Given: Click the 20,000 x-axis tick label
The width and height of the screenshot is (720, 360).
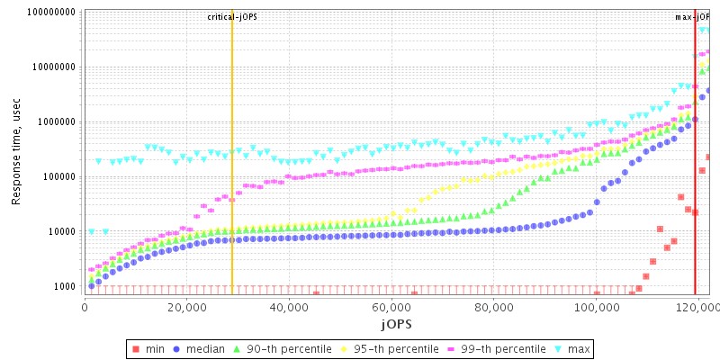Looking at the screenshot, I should tap(186, 305).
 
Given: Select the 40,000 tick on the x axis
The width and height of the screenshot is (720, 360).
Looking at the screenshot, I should tap(289, 305).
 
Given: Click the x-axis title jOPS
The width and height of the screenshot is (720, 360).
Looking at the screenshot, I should tap(396, 321).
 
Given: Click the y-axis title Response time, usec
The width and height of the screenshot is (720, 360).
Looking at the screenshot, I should tap(16, 150).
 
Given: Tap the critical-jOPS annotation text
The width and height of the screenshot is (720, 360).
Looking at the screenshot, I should tap(232, 17).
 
